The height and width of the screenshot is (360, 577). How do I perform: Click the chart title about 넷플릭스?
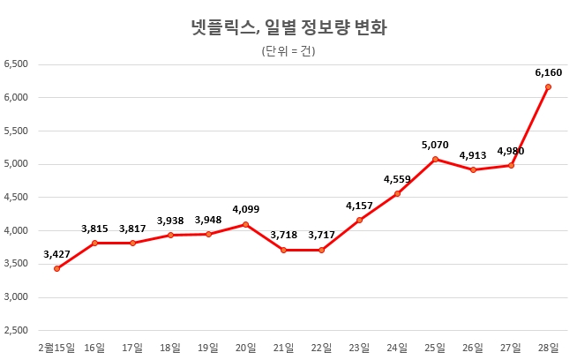pos(288,27)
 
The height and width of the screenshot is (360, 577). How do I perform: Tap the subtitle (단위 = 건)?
pos(288,50)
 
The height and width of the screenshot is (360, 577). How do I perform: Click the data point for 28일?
pos(549,86)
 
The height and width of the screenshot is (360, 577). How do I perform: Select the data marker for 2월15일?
pos(56,268)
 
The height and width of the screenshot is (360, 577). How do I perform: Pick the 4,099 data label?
pos(246,209)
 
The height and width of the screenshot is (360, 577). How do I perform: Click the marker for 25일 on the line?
pos(435,159)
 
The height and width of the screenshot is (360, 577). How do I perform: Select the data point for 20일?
pos(246,224)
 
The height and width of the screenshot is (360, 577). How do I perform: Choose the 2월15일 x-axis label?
pos(56,347)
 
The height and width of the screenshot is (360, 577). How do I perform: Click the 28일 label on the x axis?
pos(549,347)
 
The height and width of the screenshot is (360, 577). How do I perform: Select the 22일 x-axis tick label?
pos(322,347)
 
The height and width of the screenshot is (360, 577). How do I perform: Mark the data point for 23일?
pos(360,220)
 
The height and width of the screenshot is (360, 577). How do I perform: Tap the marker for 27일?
pos(512,165)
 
